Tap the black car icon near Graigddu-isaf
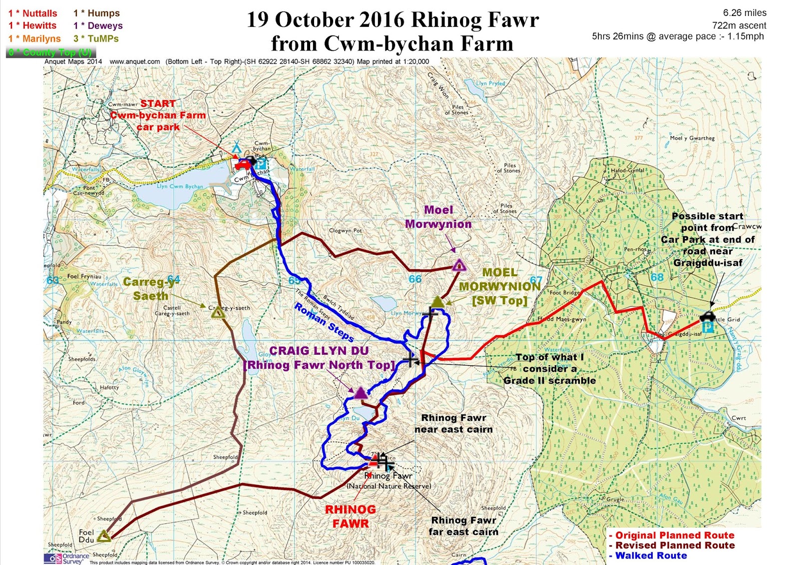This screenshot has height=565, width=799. coord(707,316)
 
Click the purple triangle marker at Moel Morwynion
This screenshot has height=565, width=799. coord(459,265)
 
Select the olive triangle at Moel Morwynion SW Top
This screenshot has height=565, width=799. coord(437,302)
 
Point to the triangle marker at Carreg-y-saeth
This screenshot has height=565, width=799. coord(218,313)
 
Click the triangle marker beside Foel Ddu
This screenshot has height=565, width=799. coord(104,537)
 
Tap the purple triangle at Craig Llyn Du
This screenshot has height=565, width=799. coord(361,393)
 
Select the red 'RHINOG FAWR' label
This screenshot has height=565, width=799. coord(351,517)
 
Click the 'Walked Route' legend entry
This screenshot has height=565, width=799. coord(651,556)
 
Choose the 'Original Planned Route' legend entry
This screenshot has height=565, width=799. coord(674,535)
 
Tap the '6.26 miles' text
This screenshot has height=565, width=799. coord(744,13)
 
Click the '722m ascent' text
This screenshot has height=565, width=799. coord(739,25)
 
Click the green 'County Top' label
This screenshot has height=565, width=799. coord(50,52)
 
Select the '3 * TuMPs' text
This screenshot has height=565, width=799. coord(96,38)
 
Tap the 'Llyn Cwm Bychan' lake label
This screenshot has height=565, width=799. coord(180,186)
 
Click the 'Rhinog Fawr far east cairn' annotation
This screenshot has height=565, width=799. coord(463,526)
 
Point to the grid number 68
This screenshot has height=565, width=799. coord(657,277)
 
